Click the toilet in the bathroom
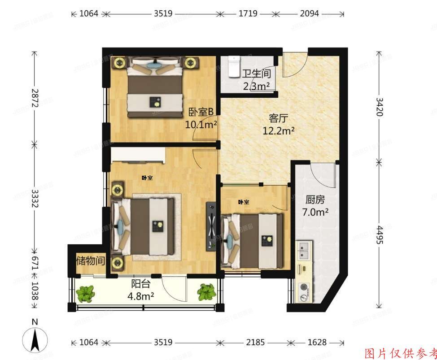pyautogui.click(x=232, y=67)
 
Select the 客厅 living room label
pyautogui.click(x=278, y=118)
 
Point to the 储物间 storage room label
pyautogui.click(x=91, y=261)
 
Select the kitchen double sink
pyautogui.click(x=304, y=251)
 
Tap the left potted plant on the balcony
pyautogui.click(x=85, y=294)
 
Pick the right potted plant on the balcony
pyautogui.click(x=206, y=292)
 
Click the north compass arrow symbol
pyautogui.click(x=35, y=339)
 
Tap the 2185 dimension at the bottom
pyautogui.click(x=255, y=343)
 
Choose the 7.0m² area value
pyautogui.click(x=315, y=212)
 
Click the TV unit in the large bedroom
pyautogui.click(x=211, y=226)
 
